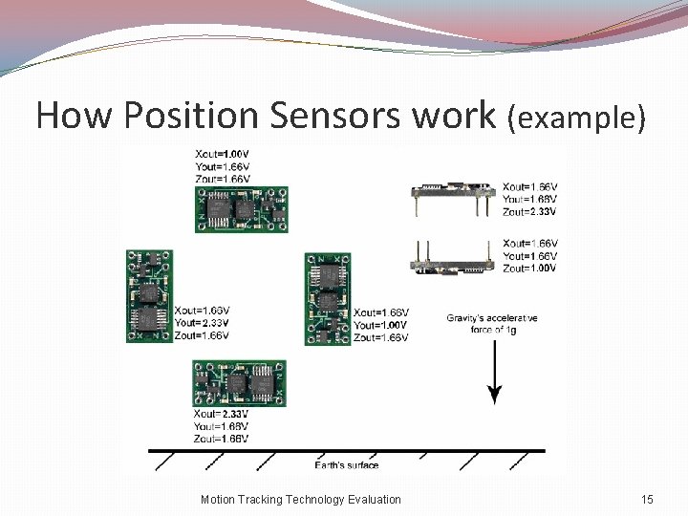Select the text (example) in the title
(578, 118)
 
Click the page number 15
(647, 499)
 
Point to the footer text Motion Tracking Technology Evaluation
(301, 499)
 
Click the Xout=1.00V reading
(222, 154)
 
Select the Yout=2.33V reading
(202, 323)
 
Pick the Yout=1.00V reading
(380, 325)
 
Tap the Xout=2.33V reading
(221, 415)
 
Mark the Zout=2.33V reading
(530, 211)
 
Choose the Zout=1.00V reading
(530, 269)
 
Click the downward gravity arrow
(494, 368)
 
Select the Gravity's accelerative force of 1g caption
(492, 324)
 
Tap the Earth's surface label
(347, 465)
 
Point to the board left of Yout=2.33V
(148, 296)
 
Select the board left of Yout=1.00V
(327, 298)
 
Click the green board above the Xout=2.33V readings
(240, 383)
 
